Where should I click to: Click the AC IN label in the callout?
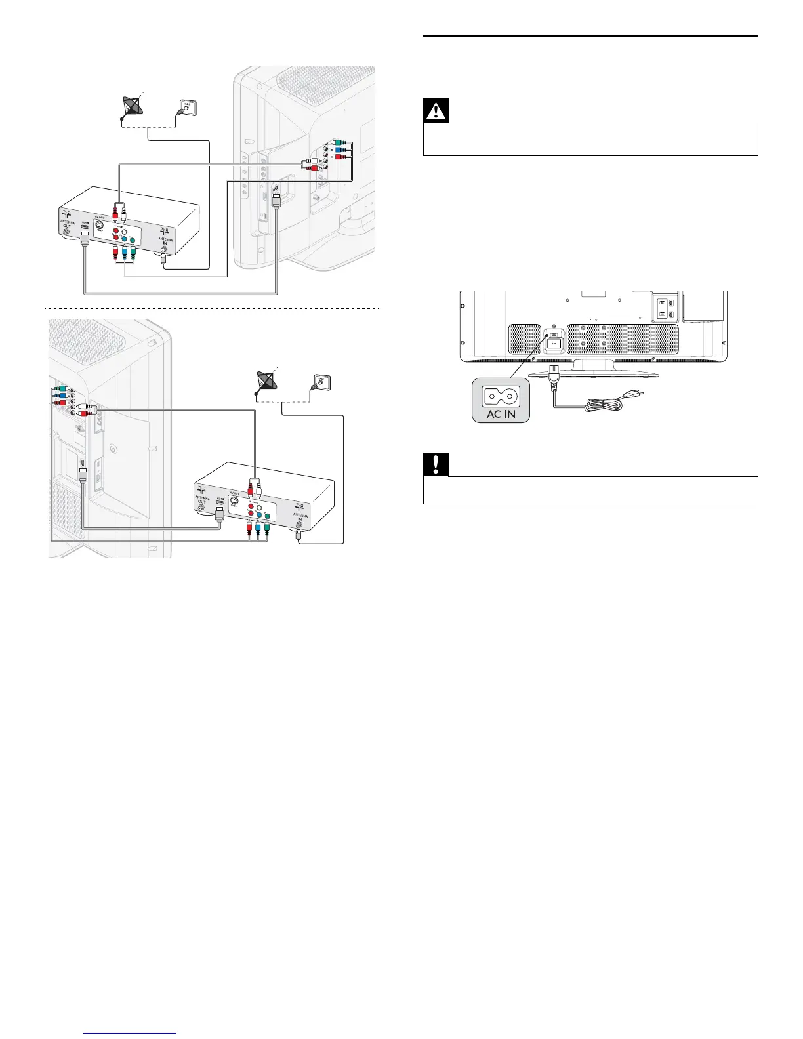[501, 414]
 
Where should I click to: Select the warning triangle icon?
[436, 111]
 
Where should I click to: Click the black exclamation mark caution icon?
[436, 465]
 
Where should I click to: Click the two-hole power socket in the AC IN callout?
[501, 396]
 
